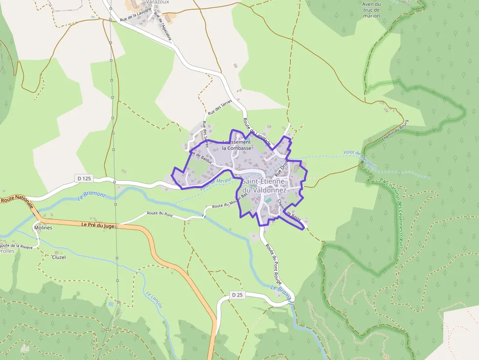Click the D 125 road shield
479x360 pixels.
84,178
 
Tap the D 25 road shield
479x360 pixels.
237,295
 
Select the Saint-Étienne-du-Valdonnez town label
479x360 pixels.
264,186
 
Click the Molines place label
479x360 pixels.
43,228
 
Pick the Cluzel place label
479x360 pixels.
59,257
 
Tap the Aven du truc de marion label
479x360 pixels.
371,10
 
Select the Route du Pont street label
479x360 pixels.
160,214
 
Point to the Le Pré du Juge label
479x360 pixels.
98,226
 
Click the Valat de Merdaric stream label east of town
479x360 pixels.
360,159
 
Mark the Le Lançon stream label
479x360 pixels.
153,299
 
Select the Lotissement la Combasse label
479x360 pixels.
237,145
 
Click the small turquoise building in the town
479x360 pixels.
268,200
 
